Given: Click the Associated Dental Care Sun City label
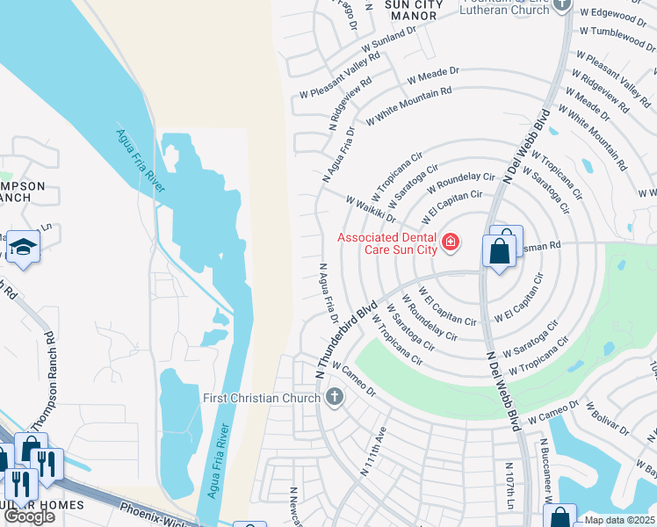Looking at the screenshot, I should click(x=388, y=243).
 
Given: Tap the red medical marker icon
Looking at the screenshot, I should click(x=451, y=242).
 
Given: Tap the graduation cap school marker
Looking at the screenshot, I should click(x=23, y=249).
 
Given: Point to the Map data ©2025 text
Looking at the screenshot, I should click(x=620, y=520).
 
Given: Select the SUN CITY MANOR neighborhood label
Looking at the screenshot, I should click(x=412, y=10).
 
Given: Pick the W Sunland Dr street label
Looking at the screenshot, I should click(x=384, y=40).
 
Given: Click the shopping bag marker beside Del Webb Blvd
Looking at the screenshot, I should click(x=500, y=251).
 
